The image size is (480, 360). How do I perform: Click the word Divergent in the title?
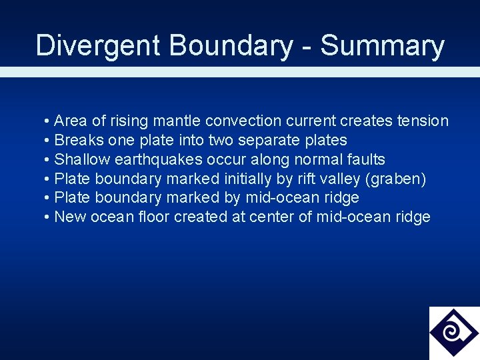coord(98,46)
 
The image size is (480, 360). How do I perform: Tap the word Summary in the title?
coord(382,46)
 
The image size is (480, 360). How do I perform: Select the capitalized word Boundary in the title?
coord(231,46)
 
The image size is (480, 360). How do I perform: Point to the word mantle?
coord(177,121)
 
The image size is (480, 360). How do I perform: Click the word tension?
coord(423,121)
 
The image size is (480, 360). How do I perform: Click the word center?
coord(273,217)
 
